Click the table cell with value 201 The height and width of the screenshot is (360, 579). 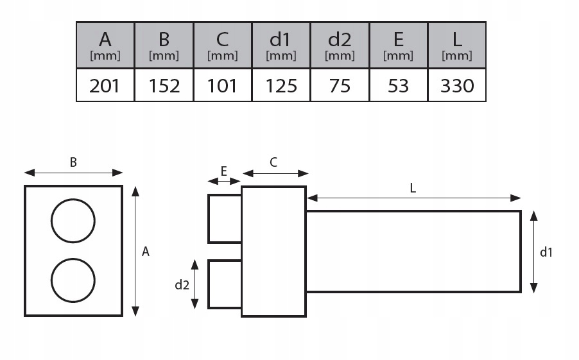point(105,85)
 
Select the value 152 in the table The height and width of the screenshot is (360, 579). point(164,85)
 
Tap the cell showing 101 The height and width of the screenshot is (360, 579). point(222,85)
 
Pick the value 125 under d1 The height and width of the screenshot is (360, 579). point(281,85)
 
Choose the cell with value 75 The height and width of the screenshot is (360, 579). point(340,85)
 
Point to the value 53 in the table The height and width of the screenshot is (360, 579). point(399,85)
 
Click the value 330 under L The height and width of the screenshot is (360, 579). point(457,85)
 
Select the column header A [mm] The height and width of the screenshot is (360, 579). point(105,45)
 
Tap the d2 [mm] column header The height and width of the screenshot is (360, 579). point(340,45)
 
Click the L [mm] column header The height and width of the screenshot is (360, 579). point(457,45)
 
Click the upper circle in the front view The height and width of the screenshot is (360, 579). point(73,221)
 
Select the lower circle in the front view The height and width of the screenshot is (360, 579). point(73,280)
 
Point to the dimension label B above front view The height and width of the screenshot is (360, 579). point(73,162)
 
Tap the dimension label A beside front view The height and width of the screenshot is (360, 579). point(146,252)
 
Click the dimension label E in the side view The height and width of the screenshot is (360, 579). point(223,171)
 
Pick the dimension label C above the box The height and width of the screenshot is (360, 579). point(273,162)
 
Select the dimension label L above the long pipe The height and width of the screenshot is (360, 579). point(413,188)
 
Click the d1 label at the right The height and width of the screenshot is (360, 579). point(546,252)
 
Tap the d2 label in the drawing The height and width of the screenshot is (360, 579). point(182,285)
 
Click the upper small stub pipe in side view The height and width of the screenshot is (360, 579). point(225,219)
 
